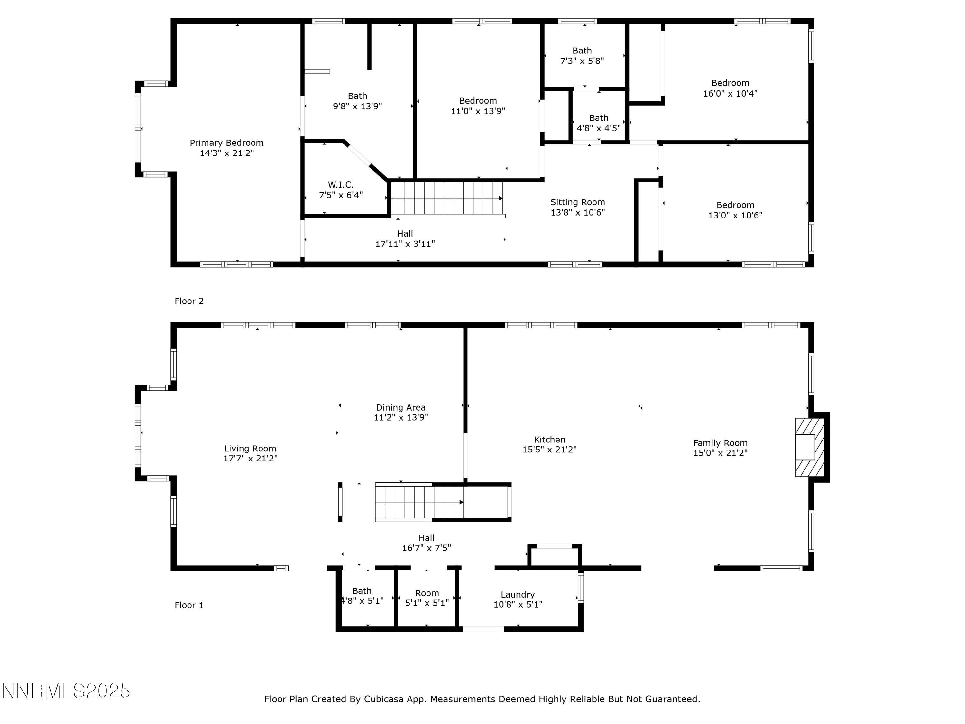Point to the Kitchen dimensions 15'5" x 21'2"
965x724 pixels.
(550, 450)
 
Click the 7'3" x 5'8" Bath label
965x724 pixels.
(582, 56)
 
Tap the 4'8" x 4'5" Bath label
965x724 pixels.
(599, 123)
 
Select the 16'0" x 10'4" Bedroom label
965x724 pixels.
(730, 88)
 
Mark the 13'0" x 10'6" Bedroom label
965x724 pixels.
(736, 210)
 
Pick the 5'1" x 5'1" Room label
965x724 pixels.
(427, 598)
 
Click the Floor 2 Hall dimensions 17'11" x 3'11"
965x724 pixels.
(405, 244)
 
